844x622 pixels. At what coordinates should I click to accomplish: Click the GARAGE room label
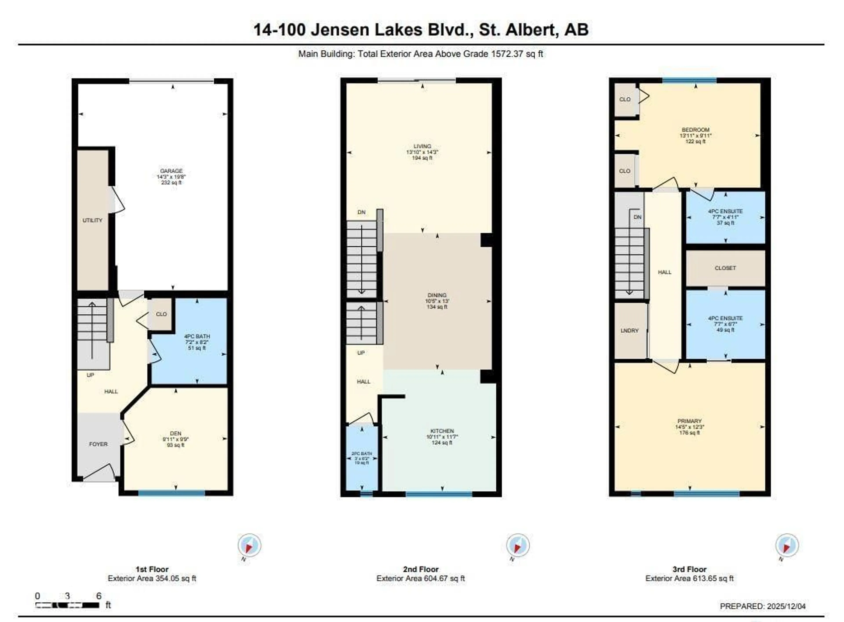(x=171, y=171)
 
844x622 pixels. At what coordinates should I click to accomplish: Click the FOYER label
(x=98, y=444)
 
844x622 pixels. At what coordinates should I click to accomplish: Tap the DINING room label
(x=437, y=295)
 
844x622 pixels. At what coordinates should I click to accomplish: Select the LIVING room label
(x=422, y=146)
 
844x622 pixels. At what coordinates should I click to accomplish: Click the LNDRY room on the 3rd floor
(x=629, y=331)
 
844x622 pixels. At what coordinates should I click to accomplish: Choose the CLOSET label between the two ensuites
(x=725, y=268)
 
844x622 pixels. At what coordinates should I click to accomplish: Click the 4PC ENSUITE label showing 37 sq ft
(x=725, y=212)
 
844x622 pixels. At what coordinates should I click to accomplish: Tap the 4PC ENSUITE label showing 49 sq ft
(x=725, y=318)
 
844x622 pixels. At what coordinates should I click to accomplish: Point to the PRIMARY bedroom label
(x=689, y=421)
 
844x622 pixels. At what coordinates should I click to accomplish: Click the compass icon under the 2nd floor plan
(x=518, y=545)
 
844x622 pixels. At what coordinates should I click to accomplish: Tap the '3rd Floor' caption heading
(x=689, y=569)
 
